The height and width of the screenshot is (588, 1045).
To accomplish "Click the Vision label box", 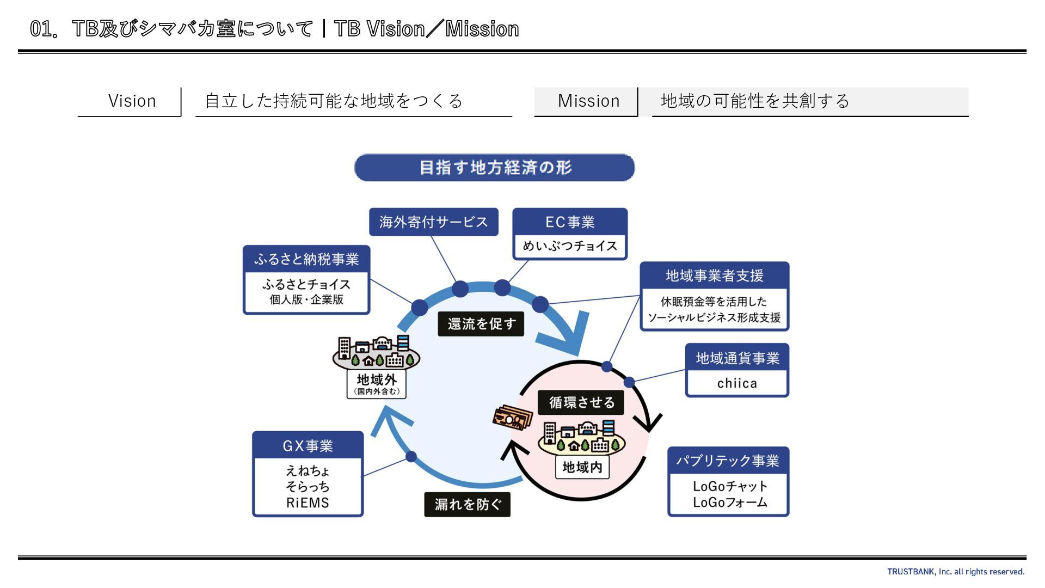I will pos(132,101).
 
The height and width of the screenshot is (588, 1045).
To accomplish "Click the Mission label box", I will pos(588,101).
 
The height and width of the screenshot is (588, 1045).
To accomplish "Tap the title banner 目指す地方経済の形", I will pos(494,168).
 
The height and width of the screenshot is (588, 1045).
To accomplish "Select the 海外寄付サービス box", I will pos(433,222).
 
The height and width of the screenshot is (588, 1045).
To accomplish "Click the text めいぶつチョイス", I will pos(570,246).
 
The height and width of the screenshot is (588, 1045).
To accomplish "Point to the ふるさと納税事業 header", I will pos(306,259).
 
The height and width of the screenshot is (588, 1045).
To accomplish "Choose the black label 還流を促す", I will pos(481,324).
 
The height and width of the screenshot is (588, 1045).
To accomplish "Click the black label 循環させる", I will pos(581,402).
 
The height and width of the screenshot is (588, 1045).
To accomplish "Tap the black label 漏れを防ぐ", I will pos(468,505).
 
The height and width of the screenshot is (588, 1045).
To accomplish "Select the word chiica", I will pos(737,383).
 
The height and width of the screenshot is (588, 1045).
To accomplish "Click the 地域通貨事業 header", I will pos(737,358).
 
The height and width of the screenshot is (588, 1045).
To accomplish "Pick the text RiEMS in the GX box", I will pos(308,503).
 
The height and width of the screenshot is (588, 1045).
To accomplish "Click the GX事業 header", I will pos(308,446).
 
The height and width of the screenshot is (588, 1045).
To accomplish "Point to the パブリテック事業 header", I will pos(728,461).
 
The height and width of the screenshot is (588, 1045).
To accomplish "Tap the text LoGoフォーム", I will pos(730,502).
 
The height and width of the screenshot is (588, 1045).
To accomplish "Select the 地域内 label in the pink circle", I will pos(582,467).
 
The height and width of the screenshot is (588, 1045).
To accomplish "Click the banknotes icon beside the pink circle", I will pos(512,418).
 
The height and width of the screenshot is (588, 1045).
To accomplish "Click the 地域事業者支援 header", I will pos(714,276).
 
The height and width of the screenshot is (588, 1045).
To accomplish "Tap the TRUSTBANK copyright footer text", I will pos(955,572).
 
